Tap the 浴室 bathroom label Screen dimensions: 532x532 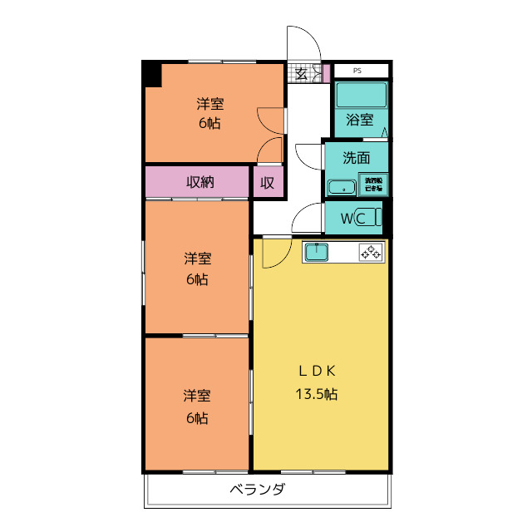pyautogui.click(x=360, y=119)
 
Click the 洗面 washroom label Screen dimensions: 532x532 pyautogui.click(x=356, y=158)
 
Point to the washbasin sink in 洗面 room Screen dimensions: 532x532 pyautogui.click(x=342, y=187)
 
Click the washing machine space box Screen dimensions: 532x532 pyautogui.click(x=374, y=184)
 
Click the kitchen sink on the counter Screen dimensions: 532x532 pyautogui.click(x=318, y=252)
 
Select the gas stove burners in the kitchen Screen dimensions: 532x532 pyautogui.click(x=371, y=252)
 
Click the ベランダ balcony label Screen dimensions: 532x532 pyautogui.click(x=258, y=490)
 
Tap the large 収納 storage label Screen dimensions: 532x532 pyautogui.click(x=199, y=182)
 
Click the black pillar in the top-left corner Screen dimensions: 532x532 pyautogui.click(x=151, y=73)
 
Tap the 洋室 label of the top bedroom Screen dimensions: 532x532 pyautogui.click(x=209, y=105)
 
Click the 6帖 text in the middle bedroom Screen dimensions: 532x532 pyautogui.click(x=197, y=279)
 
